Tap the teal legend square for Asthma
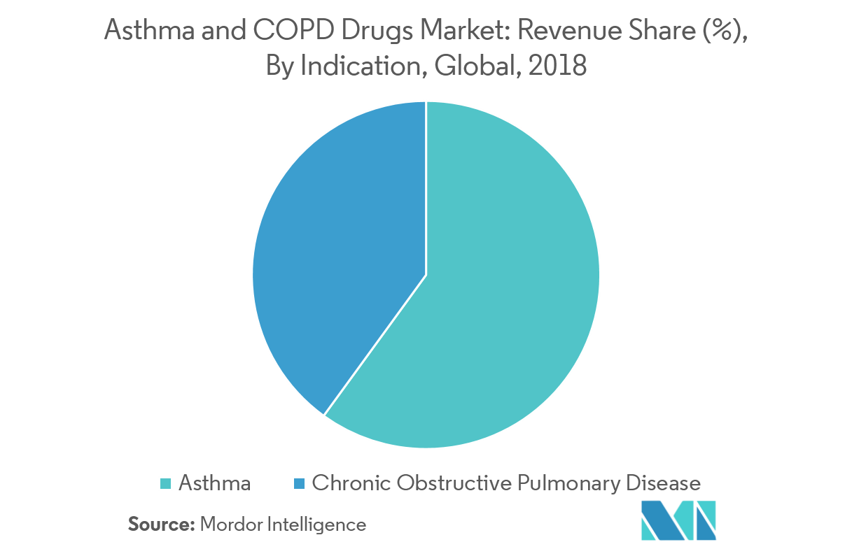point(165,483)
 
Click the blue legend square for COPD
point(299,483)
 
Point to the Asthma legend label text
point(214,483)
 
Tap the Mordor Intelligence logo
point(678,520)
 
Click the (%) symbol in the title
point(720,30)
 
